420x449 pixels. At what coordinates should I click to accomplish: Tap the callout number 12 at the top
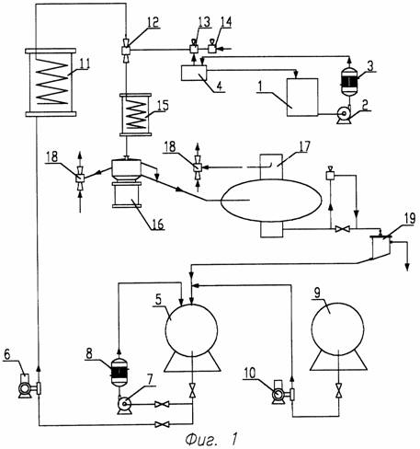pos(153,22)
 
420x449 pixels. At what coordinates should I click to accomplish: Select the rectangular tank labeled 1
pos(302,98)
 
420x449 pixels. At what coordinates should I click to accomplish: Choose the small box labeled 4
pos(194,74)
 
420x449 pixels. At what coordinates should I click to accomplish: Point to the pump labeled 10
pos(278,393)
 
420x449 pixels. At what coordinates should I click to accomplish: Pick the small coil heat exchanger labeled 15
pos(135,115)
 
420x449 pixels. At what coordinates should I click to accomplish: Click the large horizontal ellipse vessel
pos(271,201)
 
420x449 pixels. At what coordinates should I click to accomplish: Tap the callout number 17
pos(304,146)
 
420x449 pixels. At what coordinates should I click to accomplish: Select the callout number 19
pos(410,218)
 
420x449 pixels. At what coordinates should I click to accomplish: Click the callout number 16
pos(158,224)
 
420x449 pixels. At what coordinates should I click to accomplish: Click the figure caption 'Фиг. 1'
pos(211,439)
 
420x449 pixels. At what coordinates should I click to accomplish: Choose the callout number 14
pos(226,22)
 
